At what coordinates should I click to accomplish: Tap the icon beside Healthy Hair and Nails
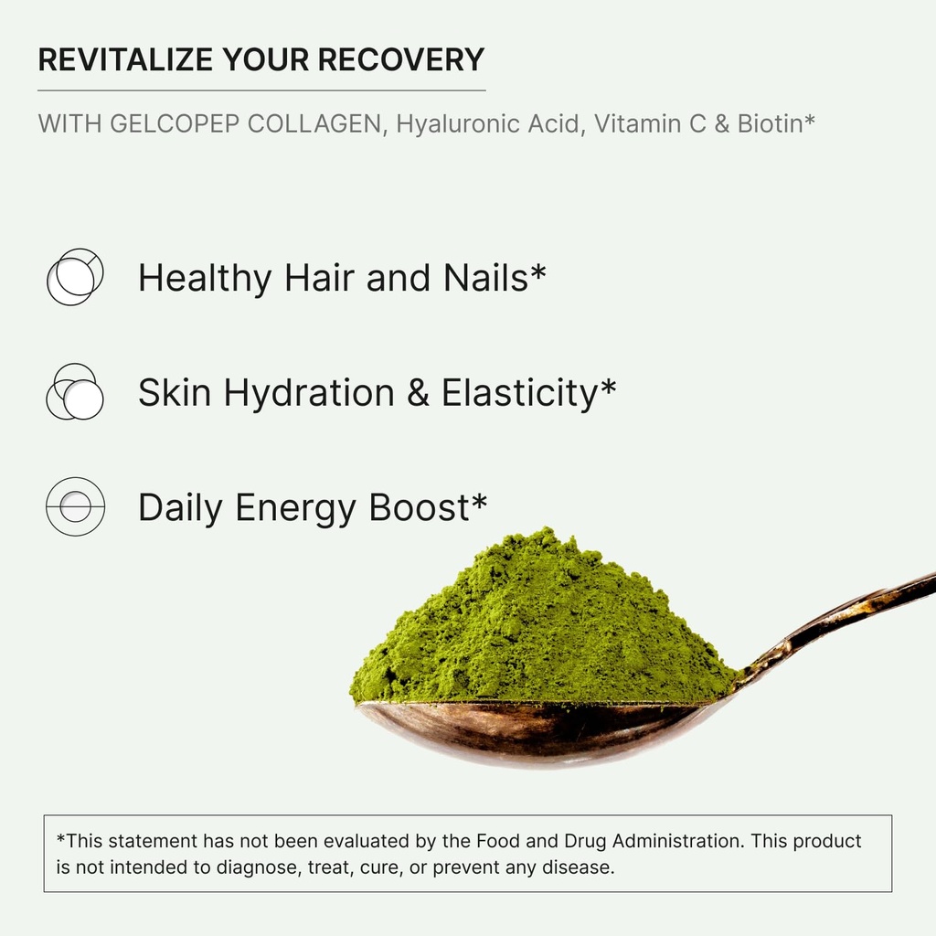pos(75,277)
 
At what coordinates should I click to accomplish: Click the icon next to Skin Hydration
pos(75,392)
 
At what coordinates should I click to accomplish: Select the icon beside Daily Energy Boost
pos(75,506)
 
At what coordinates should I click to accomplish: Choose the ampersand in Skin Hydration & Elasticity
pos(417,393)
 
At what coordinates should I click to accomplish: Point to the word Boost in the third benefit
pos(419,507)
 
